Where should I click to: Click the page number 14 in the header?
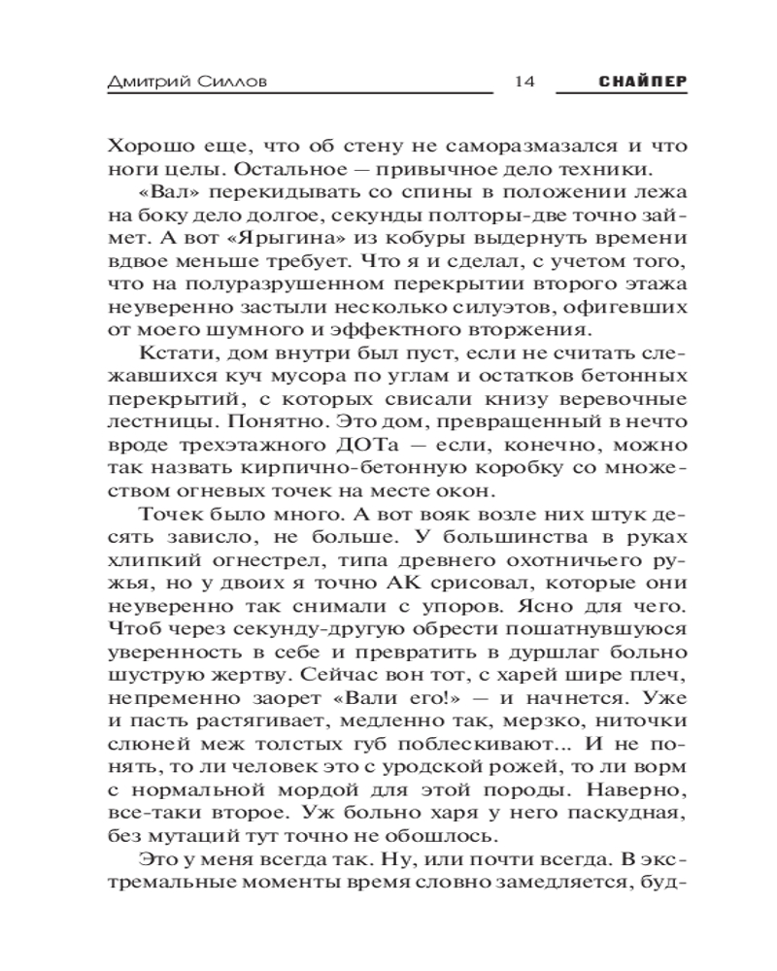point(524,83)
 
